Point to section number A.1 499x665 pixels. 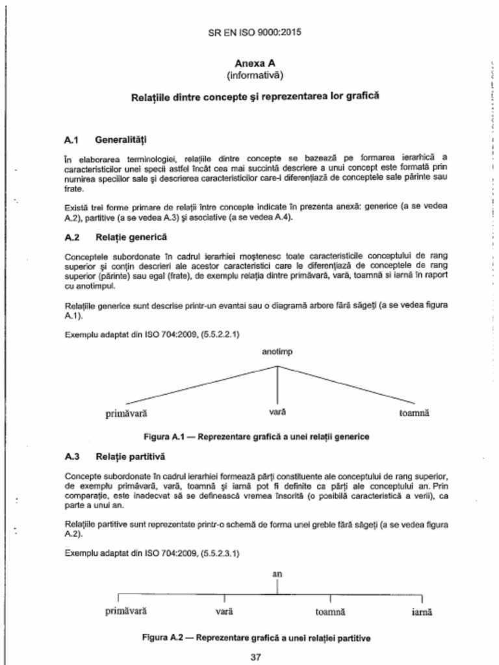pos(71,140)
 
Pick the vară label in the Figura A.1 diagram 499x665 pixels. pos(277,412)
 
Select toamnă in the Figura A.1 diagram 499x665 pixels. pos(415,413)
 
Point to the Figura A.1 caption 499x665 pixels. pos(256,436)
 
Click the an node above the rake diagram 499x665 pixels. pos(277,575)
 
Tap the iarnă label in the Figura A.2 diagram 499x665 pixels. pos(422,612)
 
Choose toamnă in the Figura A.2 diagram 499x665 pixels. pos(330,612)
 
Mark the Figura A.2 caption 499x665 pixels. pos(256,637)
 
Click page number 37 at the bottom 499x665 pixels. pos(255,657)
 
